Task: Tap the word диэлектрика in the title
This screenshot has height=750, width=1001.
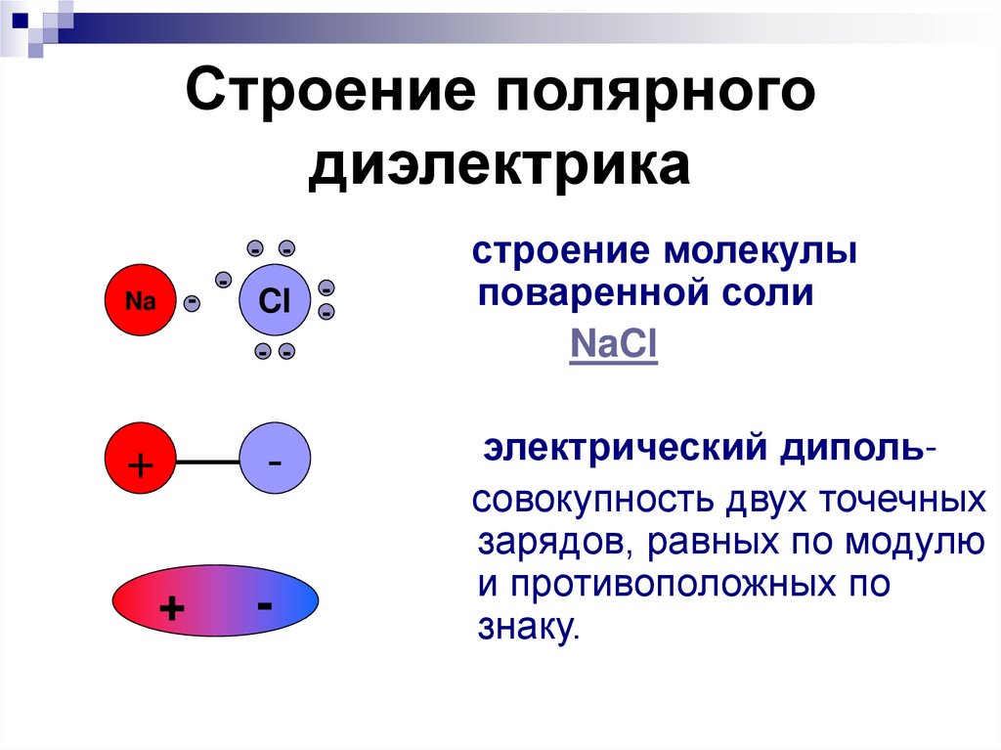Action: (x=500, y=165)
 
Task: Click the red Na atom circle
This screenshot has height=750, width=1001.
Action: (x=141, y=301)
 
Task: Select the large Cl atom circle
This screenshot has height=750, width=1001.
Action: (x=275, y=301)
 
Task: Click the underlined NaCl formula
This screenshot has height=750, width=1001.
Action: (x=613, y=345)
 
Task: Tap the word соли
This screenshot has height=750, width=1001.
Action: (x=771, y=292)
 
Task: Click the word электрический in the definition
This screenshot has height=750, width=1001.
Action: (x=625, y=451)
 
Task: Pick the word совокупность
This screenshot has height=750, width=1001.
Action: (x=592, y=502)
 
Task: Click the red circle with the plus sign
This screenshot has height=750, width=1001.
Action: (x=141, y=461)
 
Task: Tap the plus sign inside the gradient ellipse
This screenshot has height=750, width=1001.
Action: (x=173, y=609)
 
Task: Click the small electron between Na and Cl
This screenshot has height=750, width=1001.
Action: (x=192, y=302)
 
